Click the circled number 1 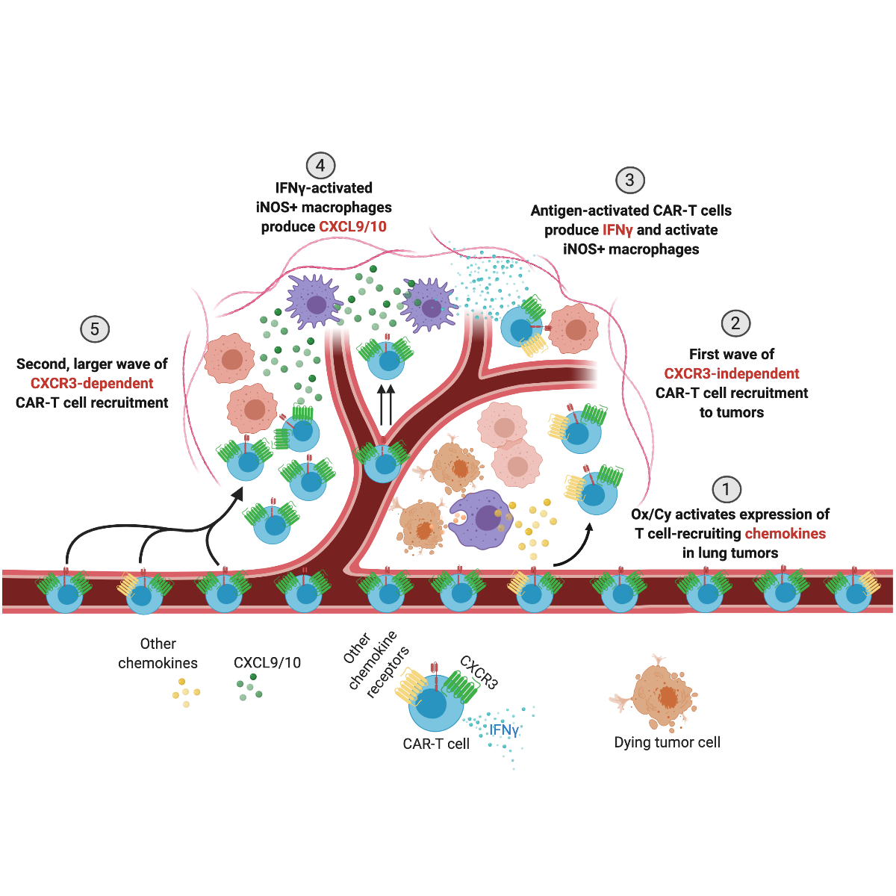[x=726, y=490]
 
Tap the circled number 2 [x=735, y=323]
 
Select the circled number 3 [x=629, y=180]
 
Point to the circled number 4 [x=320, y=166]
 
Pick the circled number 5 [x=95, y=329]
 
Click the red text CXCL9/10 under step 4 [x=352, y=227]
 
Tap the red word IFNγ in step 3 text [x=617, y=230]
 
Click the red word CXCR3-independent [x=732, y=373]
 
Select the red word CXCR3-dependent [x=92, y=384]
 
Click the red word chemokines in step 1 [x=785, y=534]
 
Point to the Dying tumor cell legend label [x=667, y=742]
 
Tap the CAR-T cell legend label [x=436, y=744]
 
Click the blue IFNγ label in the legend [x=504, y=729]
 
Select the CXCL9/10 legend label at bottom [x=267, y=662]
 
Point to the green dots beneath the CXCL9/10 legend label [x=249, y=688]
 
